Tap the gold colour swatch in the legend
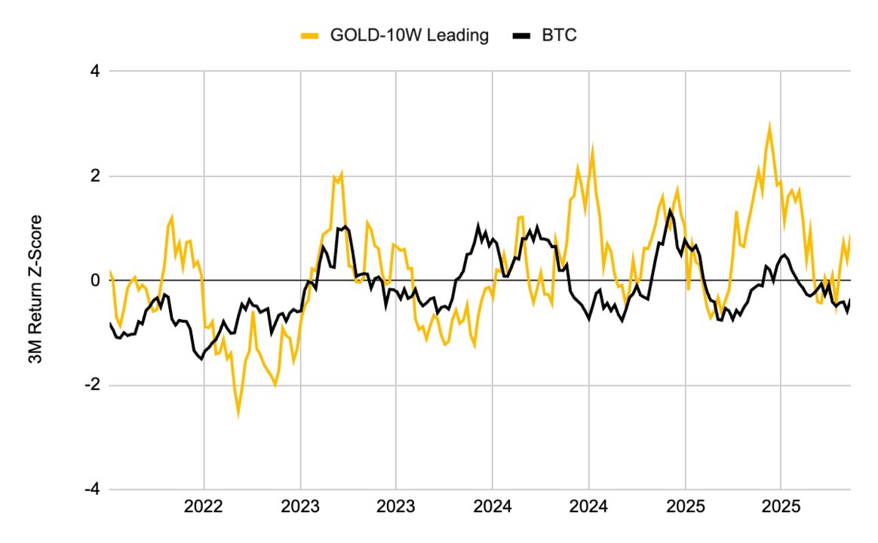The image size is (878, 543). (310, 35)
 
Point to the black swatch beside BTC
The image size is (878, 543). (522, 35)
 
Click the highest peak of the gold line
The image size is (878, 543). (769, 126)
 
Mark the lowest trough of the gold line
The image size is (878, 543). (238, 413)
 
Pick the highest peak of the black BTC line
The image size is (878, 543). (670, 210)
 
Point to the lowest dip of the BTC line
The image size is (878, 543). (201, 359)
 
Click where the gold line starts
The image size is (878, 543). (110, 271)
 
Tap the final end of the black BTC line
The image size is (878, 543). (850, 299)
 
